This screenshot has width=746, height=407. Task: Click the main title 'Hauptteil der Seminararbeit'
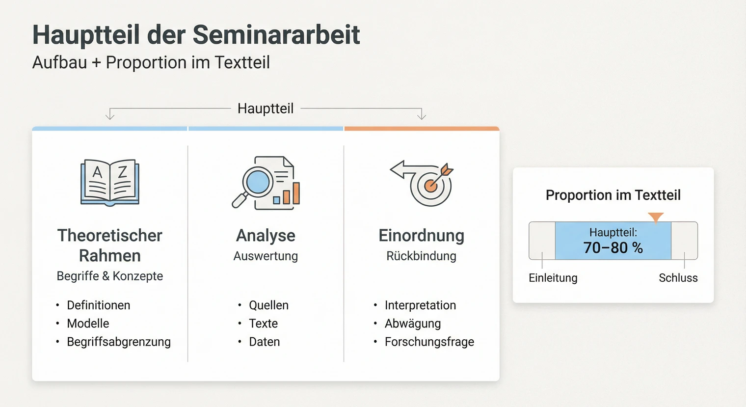point(196,35)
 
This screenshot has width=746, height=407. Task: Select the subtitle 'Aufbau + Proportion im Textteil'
point(151,63)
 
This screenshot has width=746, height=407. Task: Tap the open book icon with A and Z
point(110,182)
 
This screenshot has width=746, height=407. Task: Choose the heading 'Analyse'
point(266,236)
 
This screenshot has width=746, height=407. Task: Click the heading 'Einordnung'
point(421,236)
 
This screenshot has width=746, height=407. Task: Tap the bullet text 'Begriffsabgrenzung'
point(119,342)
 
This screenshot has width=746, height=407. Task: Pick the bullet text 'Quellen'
point(268,305)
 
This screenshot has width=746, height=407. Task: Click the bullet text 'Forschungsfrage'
point(429,342)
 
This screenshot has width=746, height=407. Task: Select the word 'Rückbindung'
point(421,256)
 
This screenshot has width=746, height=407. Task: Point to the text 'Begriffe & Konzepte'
point(110,276)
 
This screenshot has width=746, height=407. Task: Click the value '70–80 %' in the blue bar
point(613,248)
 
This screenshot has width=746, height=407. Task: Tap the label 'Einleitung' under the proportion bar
point(553,278)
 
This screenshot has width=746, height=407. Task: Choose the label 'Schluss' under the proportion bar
point(678,278)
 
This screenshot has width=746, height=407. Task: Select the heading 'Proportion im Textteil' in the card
point(613,195)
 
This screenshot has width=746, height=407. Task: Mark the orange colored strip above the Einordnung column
point(422,129)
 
